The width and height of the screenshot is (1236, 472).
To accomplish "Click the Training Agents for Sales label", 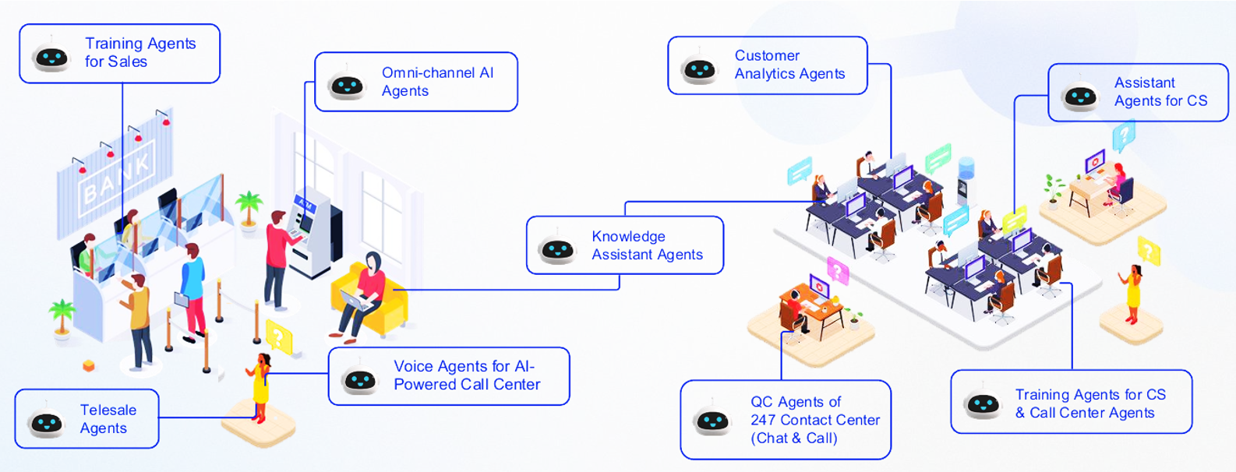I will coord(139,53).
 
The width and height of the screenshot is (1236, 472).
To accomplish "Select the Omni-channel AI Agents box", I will coord(437,82).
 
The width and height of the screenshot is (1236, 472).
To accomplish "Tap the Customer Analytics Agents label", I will coord(789,65).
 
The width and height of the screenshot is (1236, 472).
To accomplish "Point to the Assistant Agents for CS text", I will coord(1160,92).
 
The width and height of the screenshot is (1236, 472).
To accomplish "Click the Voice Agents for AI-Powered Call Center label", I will coord(466,375).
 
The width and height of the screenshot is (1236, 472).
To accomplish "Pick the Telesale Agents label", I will coord(108,419).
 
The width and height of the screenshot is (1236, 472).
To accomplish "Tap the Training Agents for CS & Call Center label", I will coord(1089,403).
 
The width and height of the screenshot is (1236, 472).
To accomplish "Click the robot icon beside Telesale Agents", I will coord(47,421).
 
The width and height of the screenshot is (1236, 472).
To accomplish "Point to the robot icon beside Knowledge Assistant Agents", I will coord(557,248).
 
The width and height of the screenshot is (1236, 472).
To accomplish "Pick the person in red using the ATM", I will coord(276,257).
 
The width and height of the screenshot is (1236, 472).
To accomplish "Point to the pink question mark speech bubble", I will coord(836,270).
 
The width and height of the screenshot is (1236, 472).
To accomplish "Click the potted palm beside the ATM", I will coord(249,209).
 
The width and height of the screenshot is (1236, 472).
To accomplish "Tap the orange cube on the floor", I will coord(89,365).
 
